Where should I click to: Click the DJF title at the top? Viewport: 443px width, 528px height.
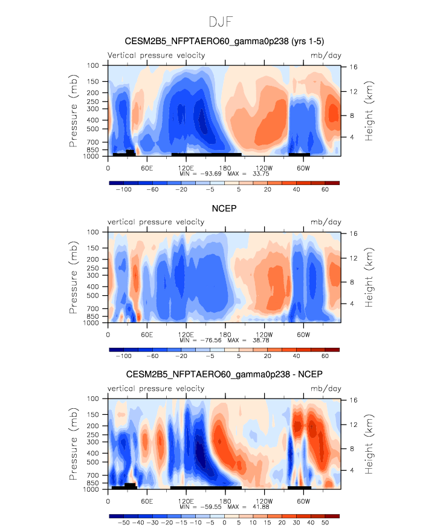pos(221,22)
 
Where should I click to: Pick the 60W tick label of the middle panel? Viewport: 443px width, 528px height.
pos(303,334)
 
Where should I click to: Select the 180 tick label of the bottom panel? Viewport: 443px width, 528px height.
pos(225,501)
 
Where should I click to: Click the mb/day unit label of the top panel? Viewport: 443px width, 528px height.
pos(326,56)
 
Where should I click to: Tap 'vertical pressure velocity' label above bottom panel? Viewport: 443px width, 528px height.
pos(156,388)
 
